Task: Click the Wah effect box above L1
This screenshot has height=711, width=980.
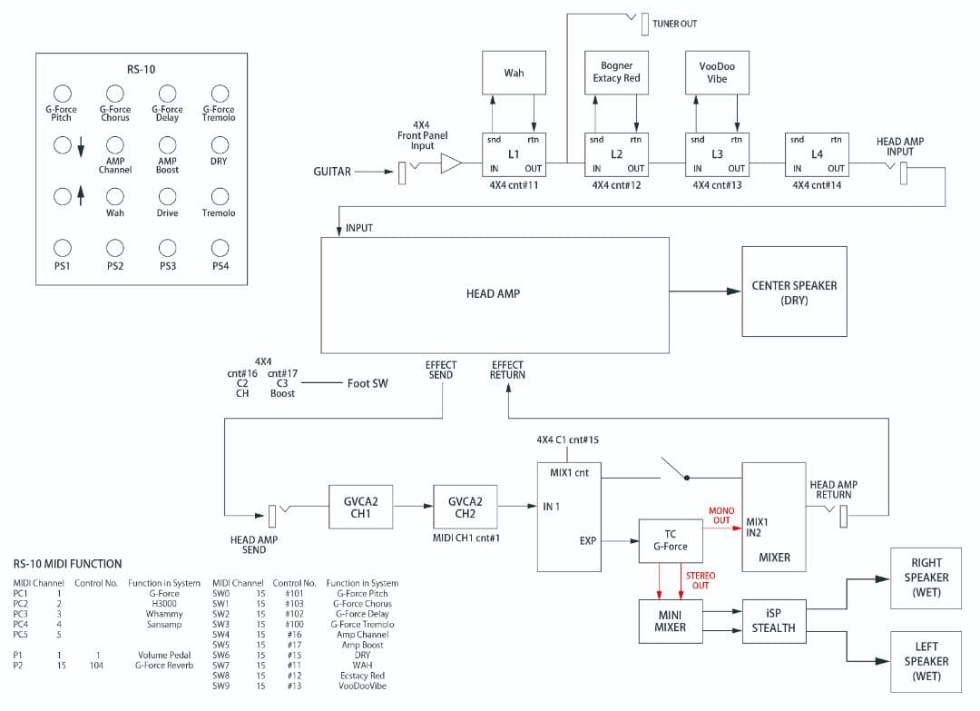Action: click(x=514, y=74)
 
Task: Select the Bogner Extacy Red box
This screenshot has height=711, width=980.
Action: click(x=616, y=73)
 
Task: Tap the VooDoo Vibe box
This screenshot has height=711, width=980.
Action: click(x=717, y=73)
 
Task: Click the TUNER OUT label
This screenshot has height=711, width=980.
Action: click(x=675, y=24)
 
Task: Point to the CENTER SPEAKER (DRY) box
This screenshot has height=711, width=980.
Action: click(x=793, y=292)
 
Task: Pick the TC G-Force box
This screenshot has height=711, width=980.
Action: click(x=671, y=540)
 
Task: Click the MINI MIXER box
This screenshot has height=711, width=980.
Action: click(x=671, y=621)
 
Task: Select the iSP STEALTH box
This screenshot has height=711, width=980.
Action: click(x=773, y=621)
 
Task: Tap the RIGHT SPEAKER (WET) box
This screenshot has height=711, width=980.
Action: click(x=926, y=578)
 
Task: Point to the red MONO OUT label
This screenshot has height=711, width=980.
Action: click(x=721, y=516)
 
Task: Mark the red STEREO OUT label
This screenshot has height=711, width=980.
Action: click(x=700, y=580)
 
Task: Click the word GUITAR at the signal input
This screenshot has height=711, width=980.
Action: click(x=332, y=171)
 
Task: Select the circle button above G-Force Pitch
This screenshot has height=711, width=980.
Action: click(x=62, y=94)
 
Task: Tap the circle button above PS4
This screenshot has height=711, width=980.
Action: click(x=220, y=248)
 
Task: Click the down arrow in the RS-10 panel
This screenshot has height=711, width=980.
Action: click(x=81, y=146)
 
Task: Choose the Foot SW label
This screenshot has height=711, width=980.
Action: click(x=367, y=384)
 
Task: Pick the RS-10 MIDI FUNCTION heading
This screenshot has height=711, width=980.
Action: click(x=67, y=564)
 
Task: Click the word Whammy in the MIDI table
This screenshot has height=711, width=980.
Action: click(x=163, y=614)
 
